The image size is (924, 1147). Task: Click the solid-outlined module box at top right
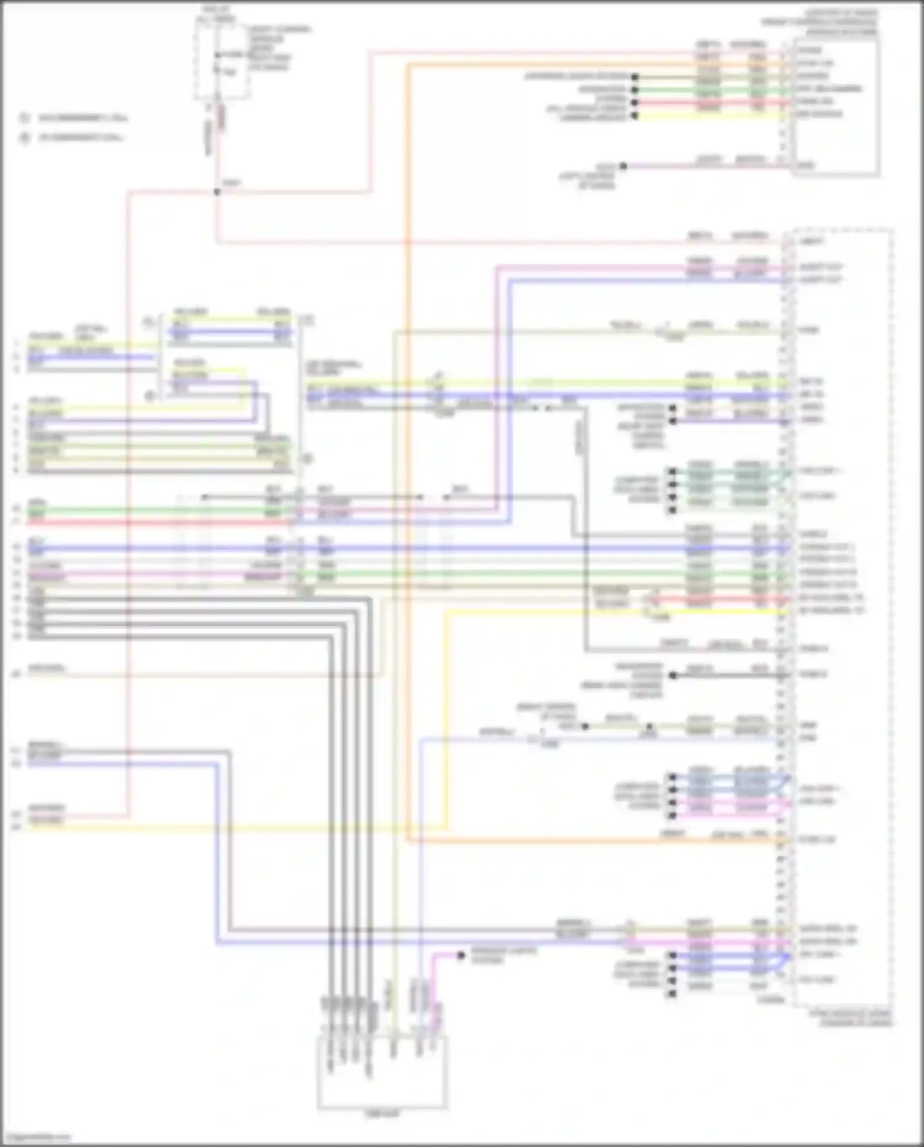pyautogui.click(x=835, y=108)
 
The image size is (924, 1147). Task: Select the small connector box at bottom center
pyautogui.click(x=383, y=1073)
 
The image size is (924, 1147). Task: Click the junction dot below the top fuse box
pyautogui.click(x=217, y=192)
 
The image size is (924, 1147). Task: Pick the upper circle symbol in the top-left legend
pyautogui.click(x=25, y=117)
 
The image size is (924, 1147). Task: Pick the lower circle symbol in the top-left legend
pyautogui.click(x=25, y=137)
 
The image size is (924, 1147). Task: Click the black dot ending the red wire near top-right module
pyautogui.click(x=634, y=102)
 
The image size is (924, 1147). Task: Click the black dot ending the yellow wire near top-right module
pyautogui.click(x=634, y=115)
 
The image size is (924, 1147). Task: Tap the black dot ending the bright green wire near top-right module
pyautogui.click(x=634, y=89)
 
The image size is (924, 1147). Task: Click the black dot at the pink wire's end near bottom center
pyautogui.click(x=461, y=956)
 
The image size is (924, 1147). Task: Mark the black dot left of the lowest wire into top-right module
pyautogui.click(x=623, y=166)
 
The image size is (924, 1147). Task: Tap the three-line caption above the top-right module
pyautogui.click(x=819, y=22)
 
